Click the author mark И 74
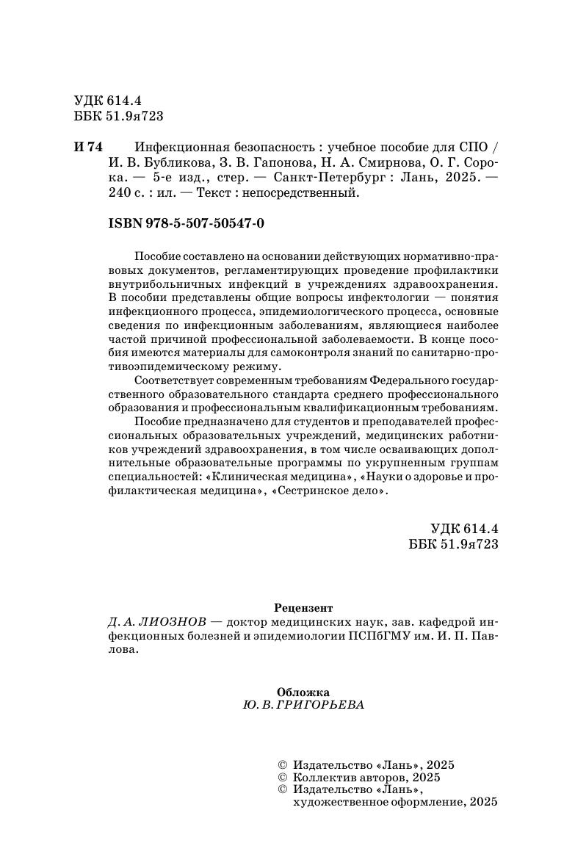click(89, 146)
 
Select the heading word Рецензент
click(303, 608)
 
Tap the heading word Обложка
click(303, 691)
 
